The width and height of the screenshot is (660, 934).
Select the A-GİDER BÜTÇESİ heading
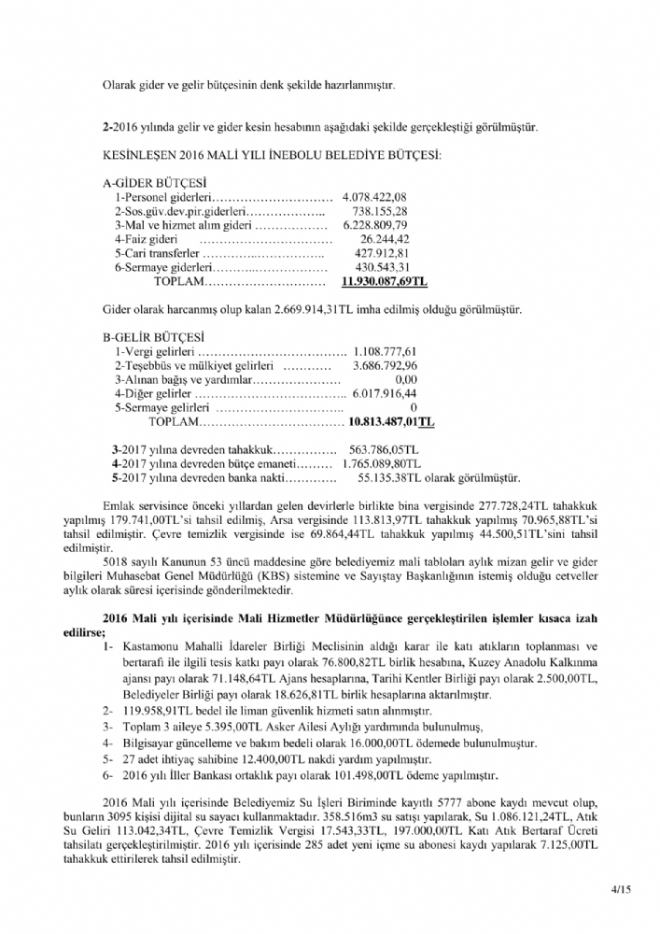[154, 182]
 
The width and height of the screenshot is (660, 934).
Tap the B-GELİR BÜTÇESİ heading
[153, 335]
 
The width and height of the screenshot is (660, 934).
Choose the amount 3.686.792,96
[385, 365]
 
